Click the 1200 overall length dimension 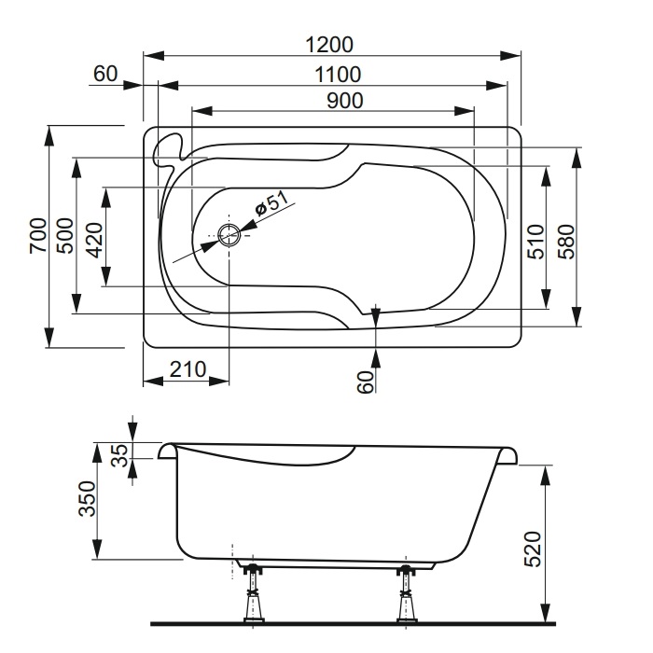tap(329, 45)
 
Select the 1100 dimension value tap(338, 75)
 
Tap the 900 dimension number tap(345, 101)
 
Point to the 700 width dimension tap(38, 235)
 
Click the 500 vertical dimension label tap(65, 235)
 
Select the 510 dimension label tap(535, 242)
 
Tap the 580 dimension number tap(567, 242)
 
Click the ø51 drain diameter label tap(271, 203)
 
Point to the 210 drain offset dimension tap(188, 369)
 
